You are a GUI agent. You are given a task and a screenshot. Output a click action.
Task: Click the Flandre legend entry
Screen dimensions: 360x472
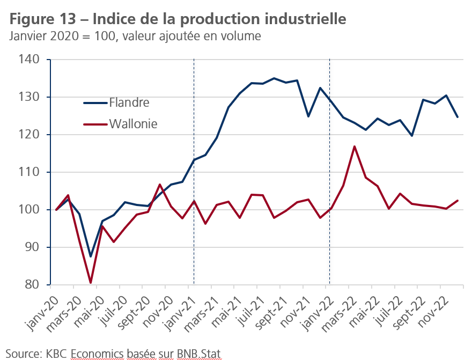pyautogui.click(x=129, y=102)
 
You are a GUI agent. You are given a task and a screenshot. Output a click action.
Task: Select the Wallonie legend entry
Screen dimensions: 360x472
pyautogui.click(x=133, y=124)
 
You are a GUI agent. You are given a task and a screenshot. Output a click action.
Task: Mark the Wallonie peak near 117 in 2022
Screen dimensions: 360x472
pyautogui.click(x=355, y=146)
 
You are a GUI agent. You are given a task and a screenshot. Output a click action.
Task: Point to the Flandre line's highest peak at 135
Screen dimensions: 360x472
pyautogui.click(x=274, y=78)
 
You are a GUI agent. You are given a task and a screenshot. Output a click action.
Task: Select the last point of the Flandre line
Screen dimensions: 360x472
pyautogui.click(x=458, y=117)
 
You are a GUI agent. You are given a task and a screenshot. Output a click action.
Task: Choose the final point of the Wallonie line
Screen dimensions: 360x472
pyautogui.click(x=458, y=201)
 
